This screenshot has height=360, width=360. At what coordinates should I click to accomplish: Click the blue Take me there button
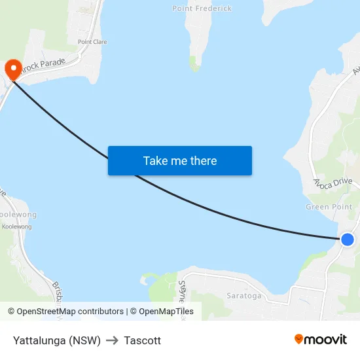click(x=180, y=160)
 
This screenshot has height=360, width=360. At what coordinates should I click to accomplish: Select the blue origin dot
click(x=348, y=240)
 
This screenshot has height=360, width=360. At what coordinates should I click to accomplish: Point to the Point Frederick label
click(x=202, y=9)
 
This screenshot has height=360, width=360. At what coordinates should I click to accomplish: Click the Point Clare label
click(x=92, y=42)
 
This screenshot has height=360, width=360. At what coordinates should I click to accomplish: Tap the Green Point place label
click(x=329, y=207)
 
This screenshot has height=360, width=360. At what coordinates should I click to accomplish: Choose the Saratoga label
click(x=243, y=296)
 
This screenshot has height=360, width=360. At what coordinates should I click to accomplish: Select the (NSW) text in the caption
click(x=87, y=340)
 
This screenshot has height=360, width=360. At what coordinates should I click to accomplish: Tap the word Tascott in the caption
click(x=142, y=340)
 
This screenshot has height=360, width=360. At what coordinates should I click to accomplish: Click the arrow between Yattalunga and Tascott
click(x=112, y=340)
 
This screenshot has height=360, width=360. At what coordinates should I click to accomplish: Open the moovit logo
click(x=320, y=339)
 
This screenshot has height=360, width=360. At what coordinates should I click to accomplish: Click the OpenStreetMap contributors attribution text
click(x=70, y=312)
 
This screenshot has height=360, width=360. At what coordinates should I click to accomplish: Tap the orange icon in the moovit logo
click(x=299, y=339)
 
